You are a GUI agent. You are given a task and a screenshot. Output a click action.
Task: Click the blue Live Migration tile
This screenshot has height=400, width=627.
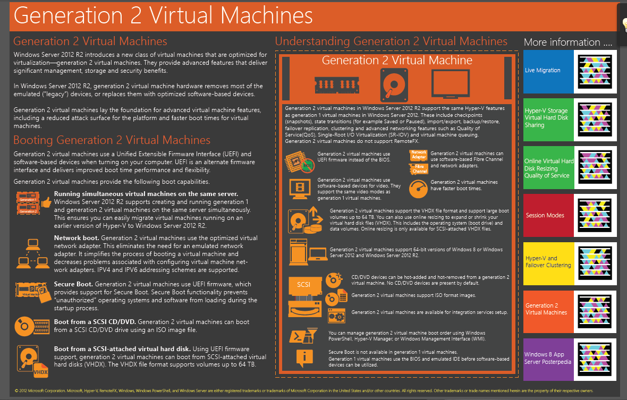point(548,71)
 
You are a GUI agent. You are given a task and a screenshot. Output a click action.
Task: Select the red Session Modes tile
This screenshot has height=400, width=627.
point(548,216)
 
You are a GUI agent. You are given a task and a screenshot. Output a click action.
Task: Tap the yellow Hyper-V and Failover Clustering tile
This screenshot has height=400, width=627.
point(548,262)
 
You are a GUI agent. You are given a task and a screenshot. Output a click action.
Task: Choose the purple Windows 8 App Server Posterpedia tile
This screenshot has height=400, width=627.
point(548,358)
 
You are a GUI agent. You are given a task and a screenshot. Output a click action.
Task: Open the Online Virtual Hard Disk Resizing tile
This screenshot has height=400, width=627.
point(548,168)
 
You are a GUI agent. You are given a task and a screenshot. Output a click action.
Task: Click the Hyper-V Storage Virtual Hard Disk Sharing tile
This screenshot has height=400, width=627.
point(548,118)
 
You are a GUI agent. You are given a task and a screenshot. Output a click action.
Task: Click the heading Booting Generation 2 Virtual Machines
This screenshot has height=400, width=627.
point(112,140)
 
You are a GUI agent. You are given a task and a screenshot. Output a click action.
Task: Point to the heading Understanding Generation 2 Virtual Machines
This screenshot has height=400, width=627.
point(391,41)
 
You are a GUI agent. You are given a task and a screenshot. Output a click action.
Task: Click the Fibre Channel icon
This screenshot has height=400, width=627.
point(419,169)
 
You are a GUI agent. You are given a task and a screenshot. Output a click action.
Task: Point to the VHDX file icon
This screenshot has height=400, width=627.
point(41,370)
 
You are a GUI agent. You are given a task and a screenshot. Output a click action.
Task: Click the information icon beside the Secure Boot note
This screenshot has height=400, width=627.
point(304,358)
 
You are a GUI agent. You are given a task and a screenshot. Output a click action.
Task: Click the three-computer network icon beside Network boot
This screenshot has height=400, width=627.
point(31,253)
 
